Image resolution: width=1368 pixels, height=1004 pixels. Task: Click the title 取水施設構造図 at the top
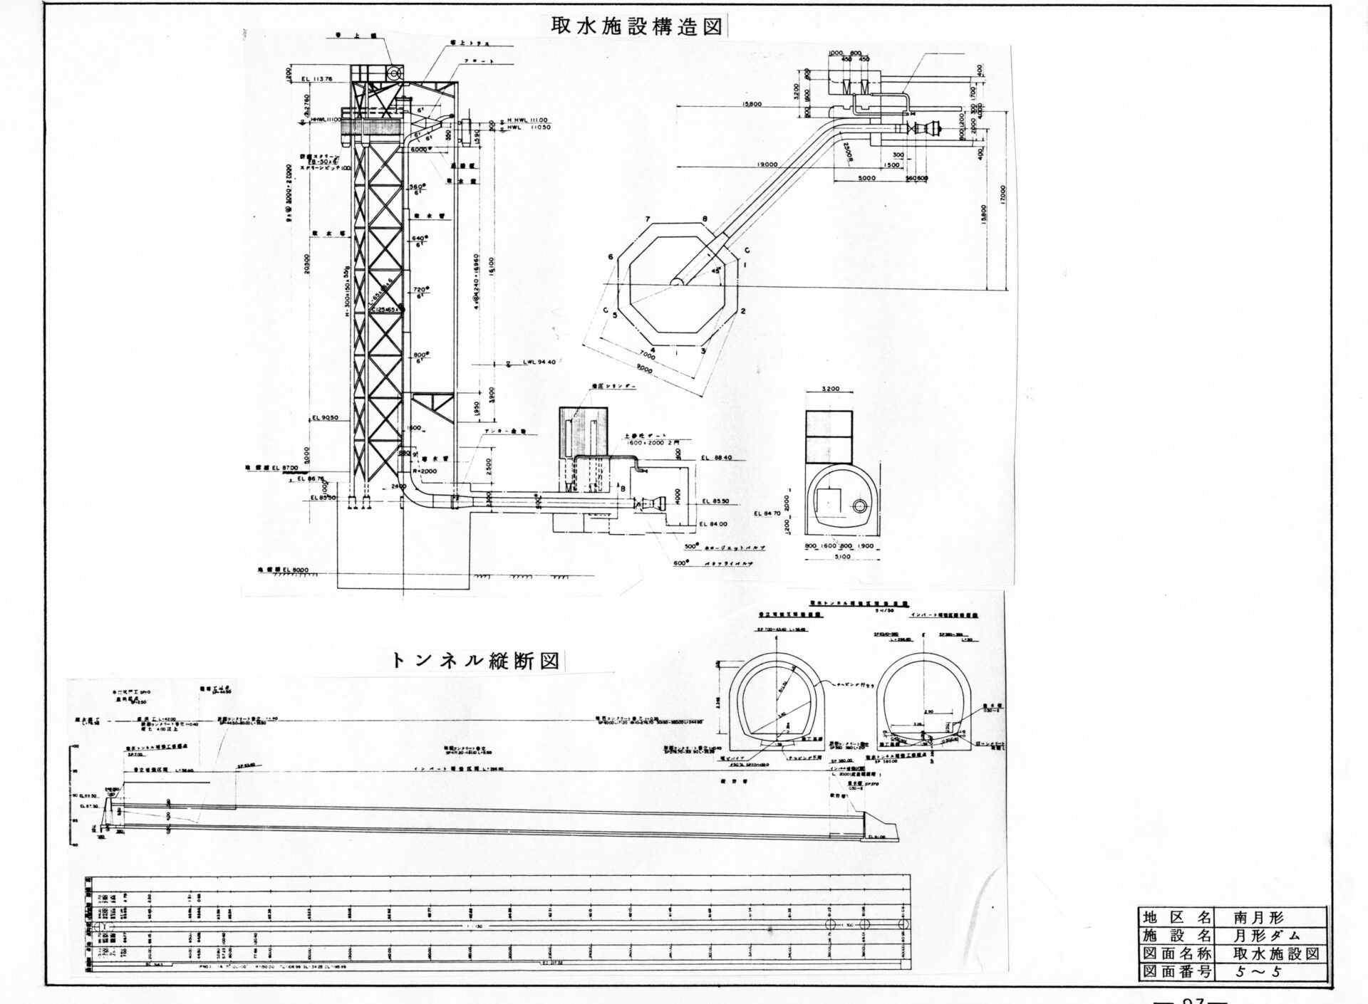point(636,26)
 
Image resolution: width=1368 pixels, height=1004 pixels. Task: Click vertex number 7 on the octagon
point(648,218)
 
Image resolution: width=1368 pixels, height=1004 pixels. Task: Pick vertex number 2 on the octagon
point(742,311)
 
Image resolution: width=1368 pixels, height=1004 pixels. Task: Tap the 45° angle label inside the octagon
point(715,271)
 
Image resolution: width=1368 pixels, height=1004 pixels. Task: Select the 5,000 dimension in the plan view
point(866,179)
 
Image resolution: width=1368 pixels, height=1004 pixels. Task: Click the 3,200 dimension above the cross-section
point(830,389)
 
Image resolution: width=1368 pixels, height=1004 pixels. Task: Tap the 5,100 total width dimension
point(841,558)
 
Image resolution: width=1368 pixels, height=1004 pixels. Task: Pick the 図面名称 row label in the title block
point(1176,953)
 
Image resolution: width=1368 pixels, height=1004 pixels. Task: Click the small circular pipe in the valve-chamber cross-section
point(860,506)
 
